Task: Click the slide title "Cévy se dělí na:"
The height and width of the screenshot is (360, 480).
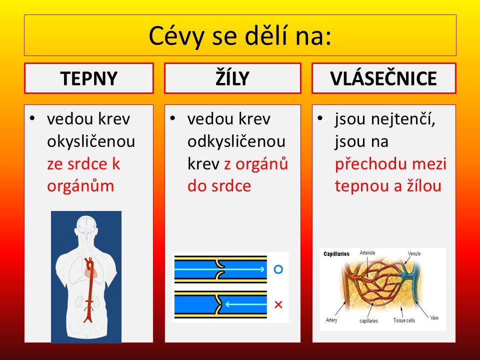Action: click(240, 35)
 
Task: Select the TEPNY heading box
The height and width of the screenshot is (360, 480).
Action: click(89, 78)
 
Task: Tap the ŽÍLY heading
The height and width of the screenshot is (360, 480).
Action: click(232, 78)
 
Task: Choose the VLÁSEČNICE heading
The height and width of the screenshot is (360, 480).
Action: click(383, 78)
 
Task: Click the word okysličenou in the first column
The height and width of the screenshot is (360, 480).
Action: click(91, 141)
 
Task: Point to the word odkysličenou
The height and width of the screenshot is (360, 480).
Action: click(236, 141)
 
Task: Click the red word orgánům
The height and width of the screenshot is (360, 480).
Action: click(80, 186)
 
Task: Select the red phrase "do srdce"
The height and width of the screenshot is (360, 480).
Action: click(219, 186)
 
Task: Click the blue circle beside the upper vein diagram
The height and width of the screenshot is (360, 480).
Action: click(278, 269)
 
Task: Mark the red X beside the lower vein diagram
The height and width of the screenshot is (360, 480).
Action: click(278, 304)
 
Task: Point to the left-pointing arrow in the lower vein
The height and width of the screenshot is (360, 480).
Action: click(246, 304)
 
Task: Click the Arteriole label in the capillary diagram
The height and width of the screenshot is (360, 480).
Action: click(367, 253)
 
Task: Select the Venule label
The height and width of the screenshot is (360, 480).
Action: click(414, 253)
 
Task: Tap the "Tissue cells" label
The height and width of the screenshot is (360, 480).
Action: click(404, 320)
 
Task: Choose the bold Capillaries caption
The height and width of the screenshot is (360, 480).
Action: click(336, 254)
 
